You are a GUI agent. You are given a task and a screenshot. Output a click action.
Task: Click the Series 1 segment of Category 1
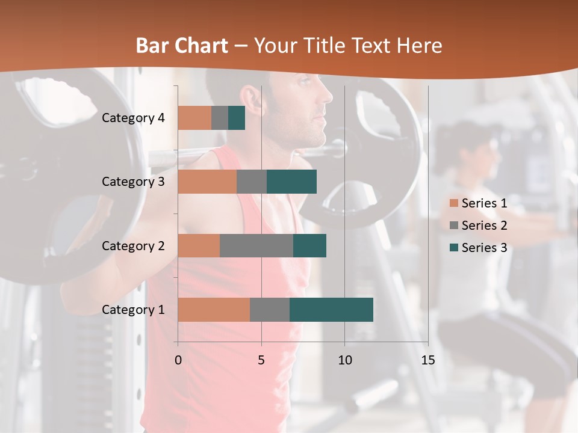point(214,310)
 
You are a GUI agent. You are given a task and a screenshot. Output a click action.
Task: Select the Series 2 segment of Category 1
point(270,310)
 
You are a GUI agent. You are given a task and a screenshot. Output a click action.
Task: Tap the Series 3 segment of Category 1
point(331,310)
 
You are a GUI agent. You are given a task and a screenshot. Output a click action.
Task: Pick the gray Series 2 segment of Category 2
point(256,245)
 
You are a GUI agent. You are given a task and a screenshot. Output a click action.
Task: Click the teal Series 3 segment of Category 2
point(309,245)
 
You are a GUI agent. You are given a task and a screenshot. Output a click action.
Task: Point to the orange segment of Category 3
point(207,182)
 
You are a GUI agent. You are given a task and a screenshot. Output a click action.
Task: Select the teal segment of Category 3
point(291,182)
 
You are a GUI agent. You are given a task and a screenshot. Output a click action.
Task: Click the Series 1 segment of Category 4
point(194,118)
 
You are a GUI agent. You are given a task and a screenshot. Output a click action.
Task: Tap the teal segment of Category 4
point(237,118)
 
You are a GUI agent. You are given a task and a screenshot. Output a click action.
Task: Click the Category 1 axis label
point(133,310)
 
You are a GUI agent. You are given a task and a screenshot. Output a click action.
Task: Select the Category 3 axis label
point(133,182)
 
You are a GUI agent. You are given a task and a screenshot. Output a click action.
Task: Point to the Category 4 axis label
point(133,118)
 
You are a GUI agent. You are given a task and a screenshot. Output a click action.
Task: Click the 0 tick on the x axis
point(178,360)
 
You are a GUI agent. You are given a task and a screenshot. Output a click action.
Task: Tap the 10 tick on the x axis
point(344,360)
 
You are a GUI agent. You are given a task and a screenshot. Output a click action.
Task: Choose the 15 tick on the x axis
point(428,360)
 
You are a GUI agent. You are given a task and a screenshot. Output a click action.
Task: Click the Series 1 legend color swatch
point(453,203)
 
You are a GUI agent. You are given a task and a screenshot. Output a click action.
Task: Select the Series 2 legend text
point(484,226)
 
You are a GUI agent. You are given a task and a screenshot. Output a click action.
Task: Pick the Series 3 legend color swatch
point(453,248)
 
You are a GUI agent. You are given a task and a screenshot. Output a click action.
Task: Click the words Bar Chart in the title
point(182,46)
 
